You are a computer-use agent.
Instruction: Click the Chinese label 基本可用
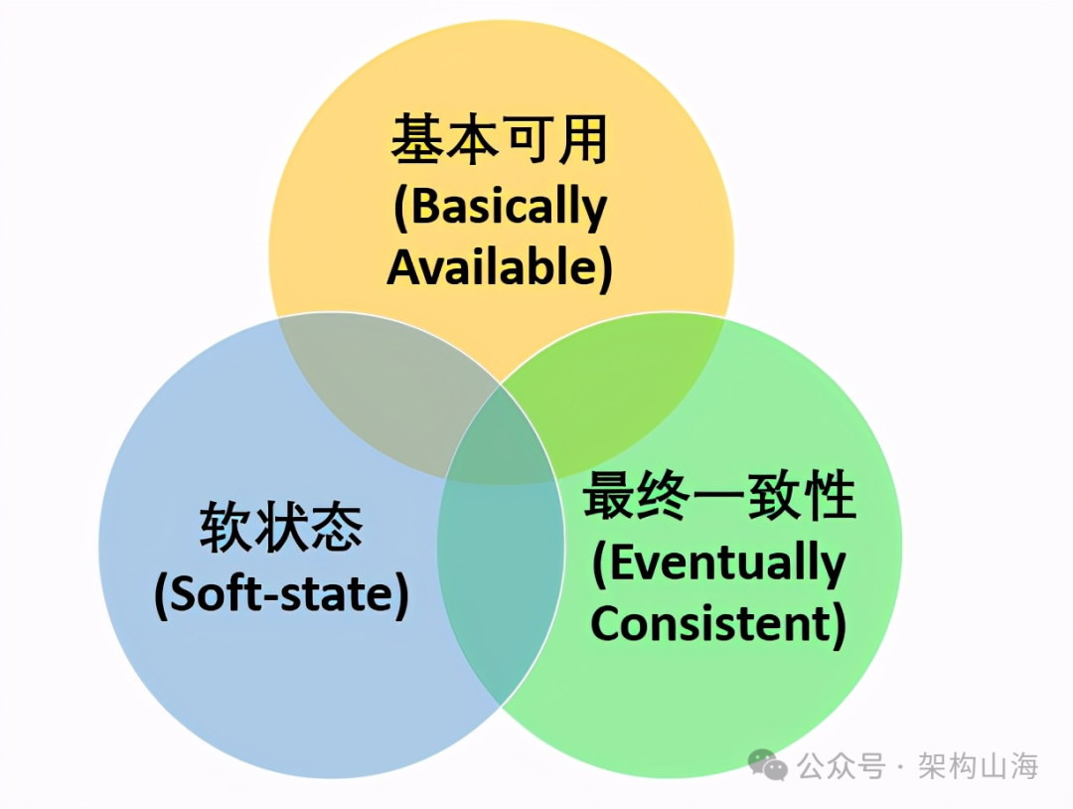[x=499, y=140]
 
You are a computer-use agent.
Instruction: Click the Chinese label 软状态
[x=281, y=528]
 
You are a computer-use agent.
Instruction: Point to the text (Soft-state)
[x=281, y=594]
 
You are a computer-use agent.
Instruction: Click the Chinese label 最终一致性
[x=719, y=497]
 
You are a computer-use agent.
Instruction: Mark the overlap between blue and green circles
[x=497, y=586]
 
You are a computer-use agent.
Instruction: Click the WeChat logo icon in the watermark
[x=767, y=765]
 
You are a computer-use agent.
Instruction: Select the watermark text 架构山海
[x=979, y=766]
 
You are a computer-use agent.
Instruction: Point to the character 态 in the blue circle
[x=336, y=528]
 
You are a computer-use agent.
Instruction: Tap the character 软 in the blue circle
[x=227, y=528]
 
